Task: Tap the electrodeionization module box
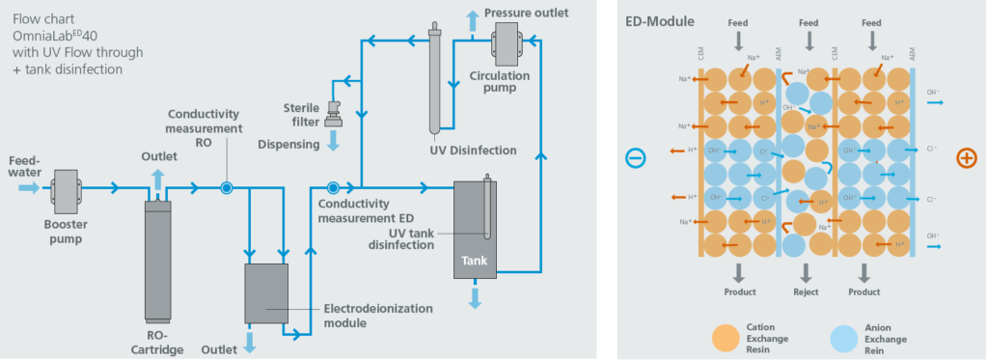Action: (x=266, y=293)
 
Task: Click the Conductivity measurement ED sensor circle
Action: (x=333, y=188)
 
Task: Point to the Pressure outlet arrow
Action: (x=472, y=16)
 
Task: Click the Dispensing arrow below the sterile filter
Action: (x=335, y=142)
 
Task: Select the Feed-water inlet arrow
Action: (x=29, y=187)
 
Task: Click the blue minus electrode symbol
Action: (x=635, y=158)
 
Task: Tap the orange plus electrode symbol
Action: (x=965, y=158)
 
